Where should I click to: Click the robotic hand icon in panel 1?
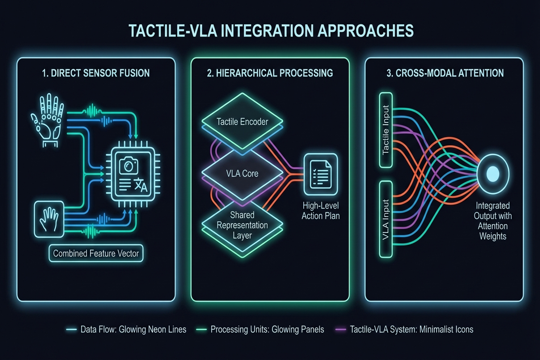[x=48, y=120]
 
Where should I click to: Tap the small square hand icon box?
[x=49, y=219]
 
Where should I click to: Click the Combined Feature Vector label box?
[x=96, y=253]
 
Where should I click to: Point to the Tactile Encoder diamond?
[x=242, y=122]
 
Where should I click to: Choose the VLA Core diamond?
[x=242, y=173]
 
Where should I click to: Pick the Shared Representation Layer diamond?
[x=242, y=225]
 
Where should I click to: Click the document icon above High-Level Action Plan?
[x=321, y=174]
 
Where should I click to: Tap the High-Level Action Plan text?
[x=321, y=211]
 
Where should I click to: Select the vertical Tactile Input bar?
[x=386, y=130]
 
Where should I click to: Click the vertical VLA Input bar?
[x=386, y=219]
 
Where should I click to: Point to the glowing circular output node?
[x=493, y=174]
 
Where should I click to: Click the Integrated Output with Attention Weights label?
[x=493, y=221]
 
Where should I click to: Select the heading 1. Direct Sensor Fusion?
[x=96, y=73]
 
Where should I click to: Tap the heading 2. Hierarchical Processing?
[x=270, y=73]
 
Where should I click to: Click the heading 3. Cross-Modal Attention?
[x=445, y=73]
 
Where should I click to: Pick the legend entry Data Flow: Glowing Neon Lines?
[x=133, y=329]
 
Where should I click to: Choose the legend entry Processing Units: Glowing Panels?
[x=267, y=329]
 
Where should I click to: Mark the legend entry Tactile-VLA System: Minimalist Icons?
[x=411, y=329]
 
